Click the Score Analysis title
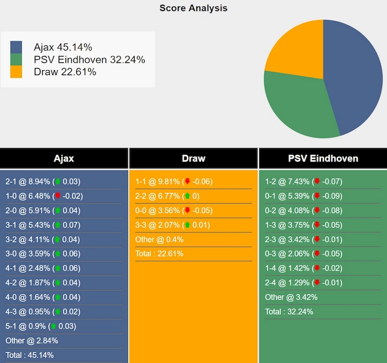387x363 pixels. [x=193, y=8]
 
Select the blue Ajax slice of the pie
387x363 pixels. [x=353, y=73]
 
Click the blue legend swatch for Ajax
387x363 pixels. [x=16, y=47]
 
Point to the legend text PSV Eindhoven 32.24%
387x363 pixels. [x=89, y=59]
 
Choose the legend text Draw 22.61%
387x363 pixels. [x=65, y=72]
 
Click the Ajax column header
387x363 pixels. [x=64, y=158]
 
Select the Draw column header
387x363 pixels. [x=193, y=158]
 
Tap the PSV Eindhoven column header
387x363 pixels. [x=322, y=158]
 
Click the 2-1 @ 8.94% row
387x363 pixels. [x=43, y=182]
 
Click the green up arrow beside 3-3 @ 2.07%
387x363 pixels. [x=187, y=225]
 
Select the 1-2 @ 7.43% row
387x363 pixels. [x=303, y=182]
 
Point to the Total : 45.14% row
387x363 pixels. [x=30, y=355]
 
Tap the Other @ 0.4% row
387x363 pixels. [x=159, y=240]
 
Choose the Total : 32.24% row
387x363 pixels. [x=289, y=312]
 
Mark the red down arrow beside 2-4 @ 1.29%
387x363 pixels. [x=317, y=283]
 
